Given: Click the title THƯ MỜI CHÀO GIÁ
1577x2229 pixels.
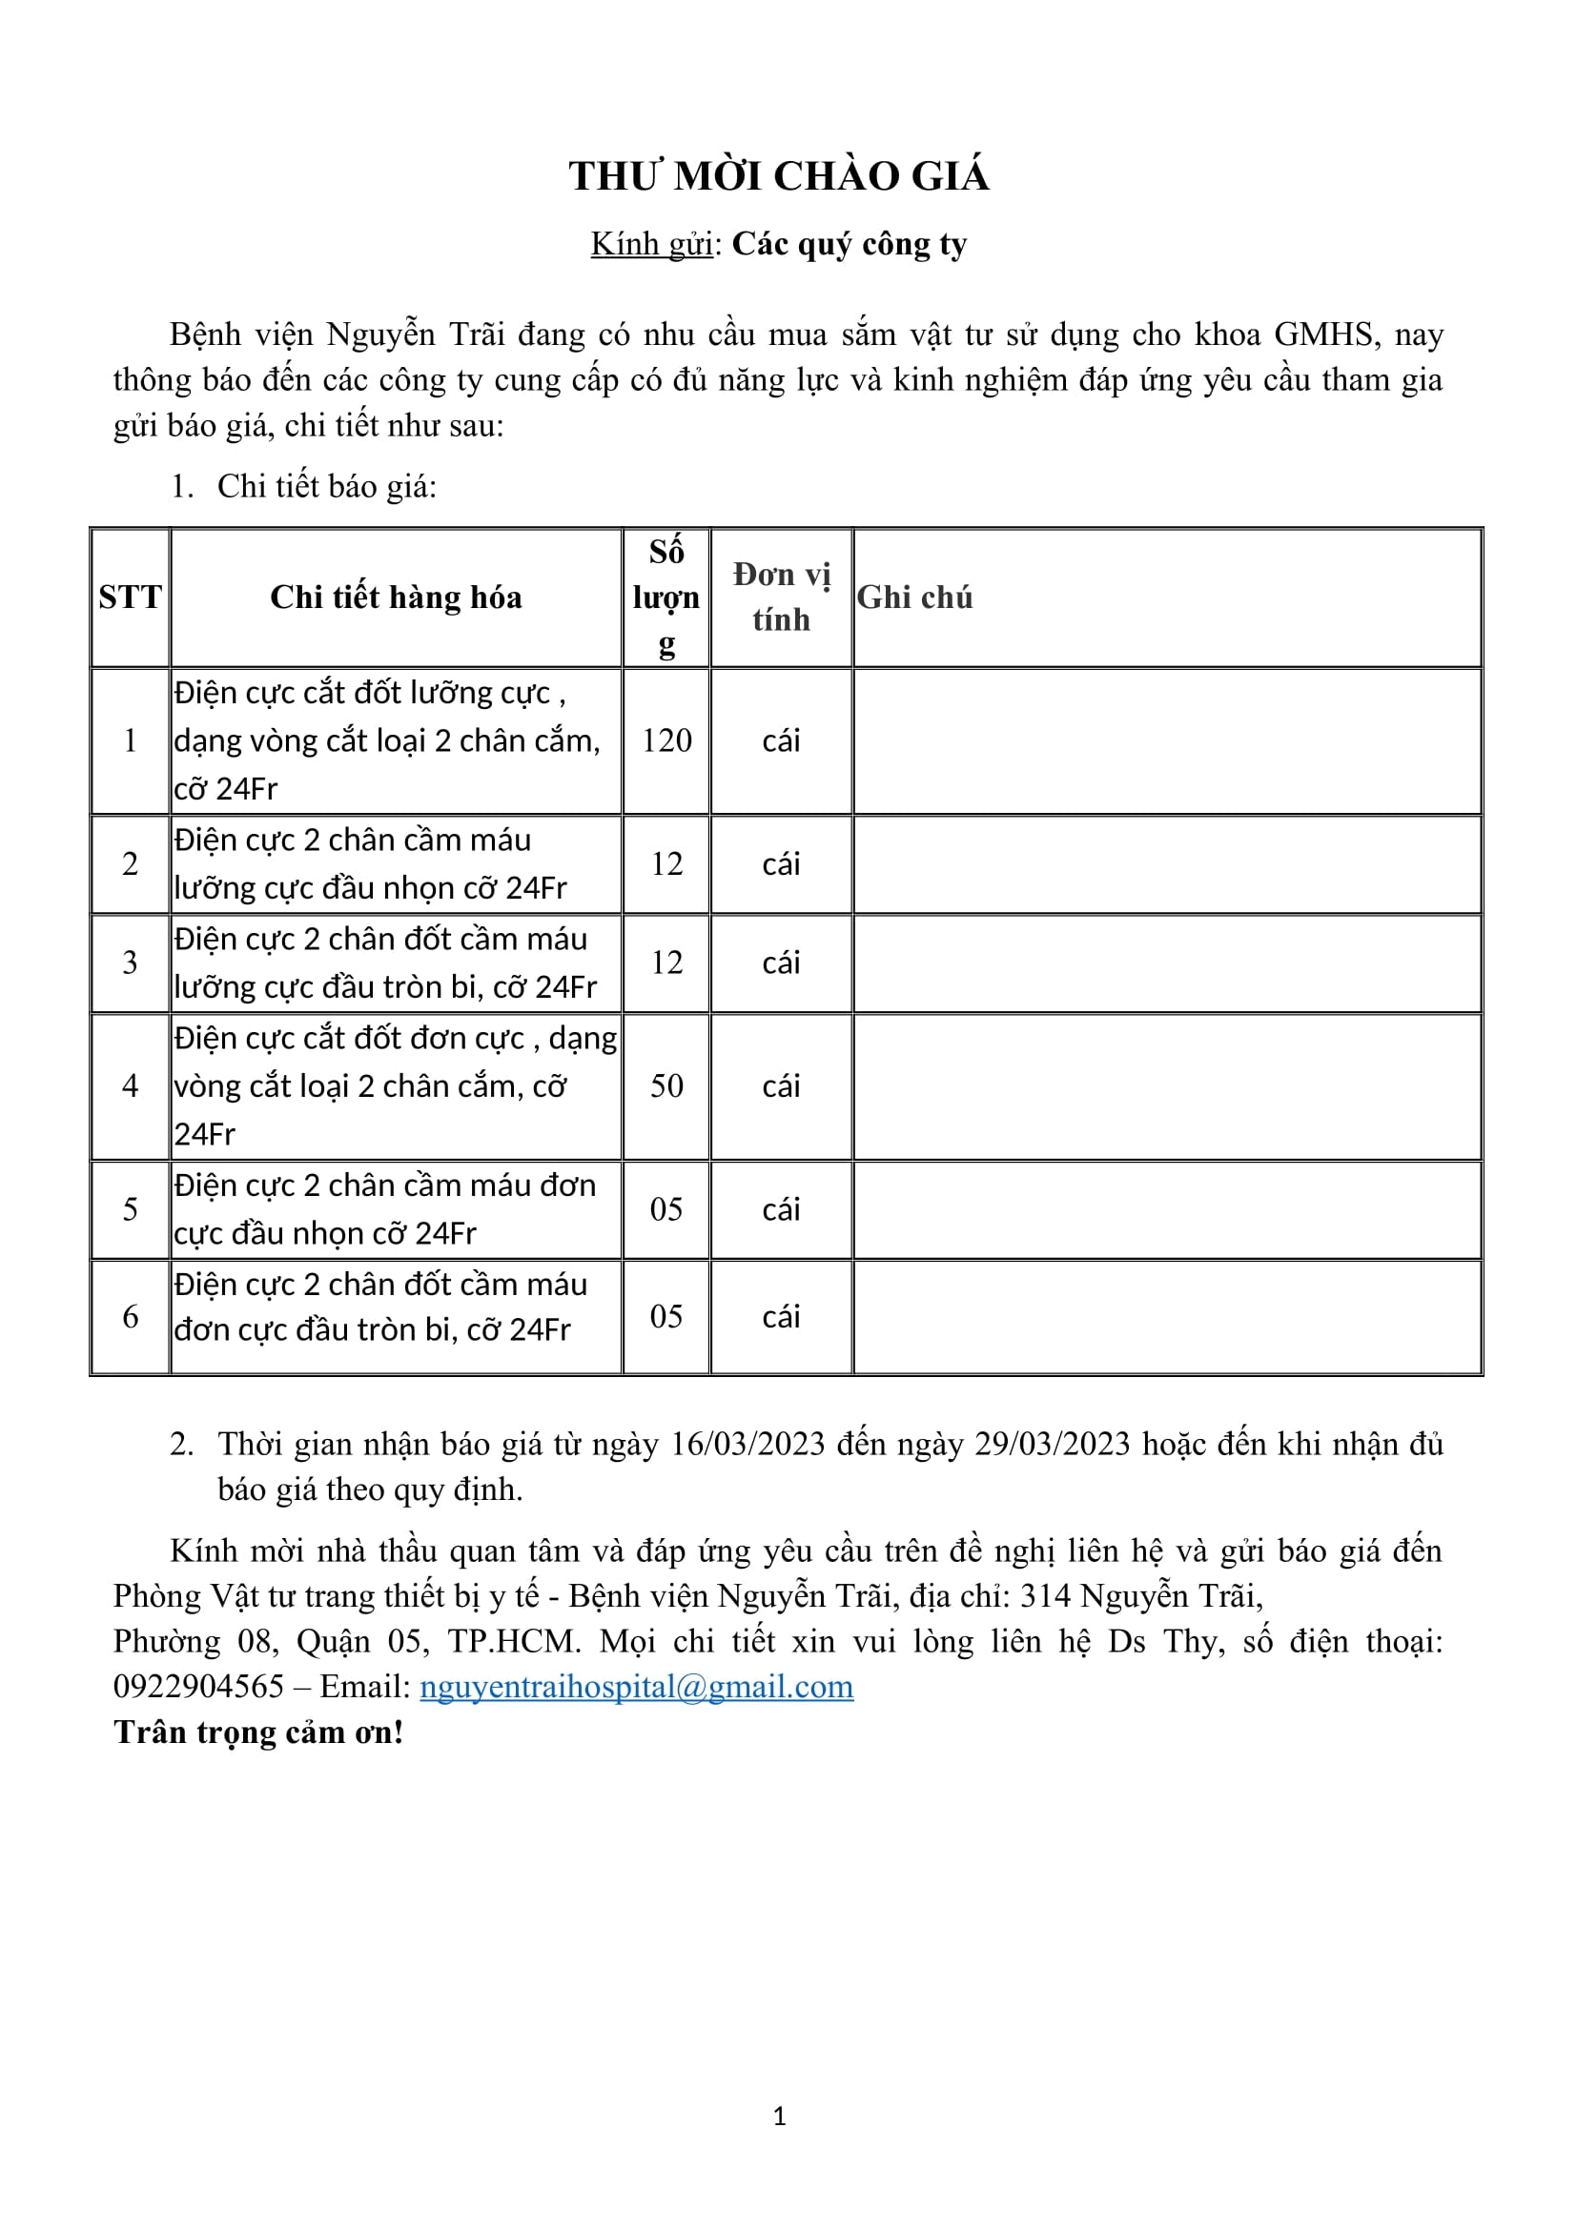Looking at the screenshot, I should [x=779, y=176].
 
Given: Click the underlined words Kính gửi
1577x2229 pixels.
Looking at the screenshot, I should [x=651, y=245].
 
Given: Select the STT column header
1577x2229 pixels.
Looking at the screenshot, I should [x=130, y=598].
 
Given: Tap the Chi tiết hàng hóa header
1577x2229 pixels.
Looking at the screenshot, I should [x=397, y=598].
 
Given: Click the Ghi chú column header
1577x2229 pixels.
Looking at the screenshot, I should [x=914, y=598].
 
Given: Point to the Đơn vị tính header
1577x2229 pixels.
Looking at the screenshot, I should [x=781, y=598].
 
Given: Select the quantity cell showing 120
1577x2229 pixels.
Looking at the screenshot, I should [x=666, y=740].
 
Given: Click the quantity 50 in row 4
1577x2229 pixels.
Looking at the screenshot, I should [x=666, y=1085].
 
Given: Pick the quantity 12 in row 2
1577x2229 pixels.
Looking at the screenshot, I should [x=666, y=864].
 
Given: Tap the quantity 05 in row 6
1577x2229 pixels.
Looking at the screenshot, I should [x=666, y=1316].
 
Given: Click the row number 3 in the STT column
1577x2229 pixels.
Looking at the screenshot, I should [x=130, y=963].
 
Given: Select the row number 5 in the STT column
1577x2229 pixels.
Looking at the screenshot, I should [x=130, y=1209].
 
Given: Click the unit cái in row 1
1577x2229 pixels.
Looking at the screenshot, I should [x=781, y=740].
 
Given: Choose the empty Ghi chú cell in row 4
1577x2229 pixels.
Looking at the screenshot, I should [x=1167, y=1085].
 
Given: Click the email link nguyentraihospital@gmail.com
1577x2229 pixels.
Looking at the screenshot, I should [x=636, y=1687].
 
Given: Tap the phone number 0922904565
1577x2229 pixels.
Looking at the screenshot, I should [x=198, y=1687].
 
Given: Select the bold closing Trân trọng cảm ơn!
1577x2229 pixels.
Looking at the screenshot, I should [x=258, y=1732].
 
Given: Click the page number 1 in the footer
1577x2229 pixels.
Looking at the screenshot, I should [x=779, y=2117].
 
